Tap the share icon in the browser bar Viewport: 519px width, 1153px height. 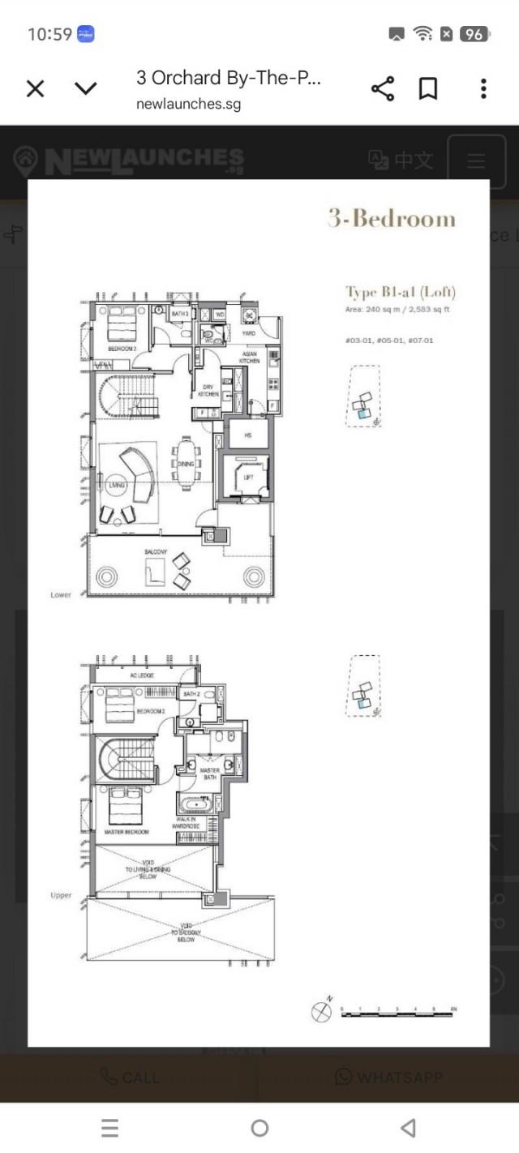382,88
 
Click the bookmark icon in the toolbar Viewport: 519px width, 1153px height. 428,88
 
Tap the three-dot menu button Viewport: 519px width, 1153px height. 483,88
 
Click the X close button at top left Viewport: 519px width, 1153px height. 36,88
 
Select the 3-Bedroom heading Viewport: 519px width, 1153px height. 392,219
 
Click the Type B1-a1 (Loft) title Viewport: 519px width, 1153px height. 401,292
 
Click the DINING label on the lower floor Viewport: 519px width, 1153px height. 186,464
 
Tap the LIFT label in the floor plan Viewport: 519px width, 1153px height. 249,478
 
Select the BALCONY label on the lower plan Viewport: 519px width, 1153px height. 157,552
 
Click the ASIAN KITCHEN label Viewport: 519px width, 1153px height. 250,358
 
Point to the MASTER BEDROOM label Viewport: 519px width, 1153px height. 127,832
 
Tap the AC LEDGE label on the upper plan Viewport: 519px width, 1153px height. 142,675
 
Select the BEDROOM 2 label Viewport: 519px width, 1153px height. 151,711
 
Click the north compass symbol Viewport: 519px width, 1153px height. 322,1012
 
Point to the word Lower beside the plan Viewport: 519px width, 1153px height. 61,595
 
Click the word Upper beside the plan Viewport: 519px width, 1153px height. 61,896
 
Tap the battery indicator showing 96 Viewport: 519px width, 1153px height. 474,34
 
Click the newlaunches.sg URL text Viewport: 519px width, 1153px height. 188,104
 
